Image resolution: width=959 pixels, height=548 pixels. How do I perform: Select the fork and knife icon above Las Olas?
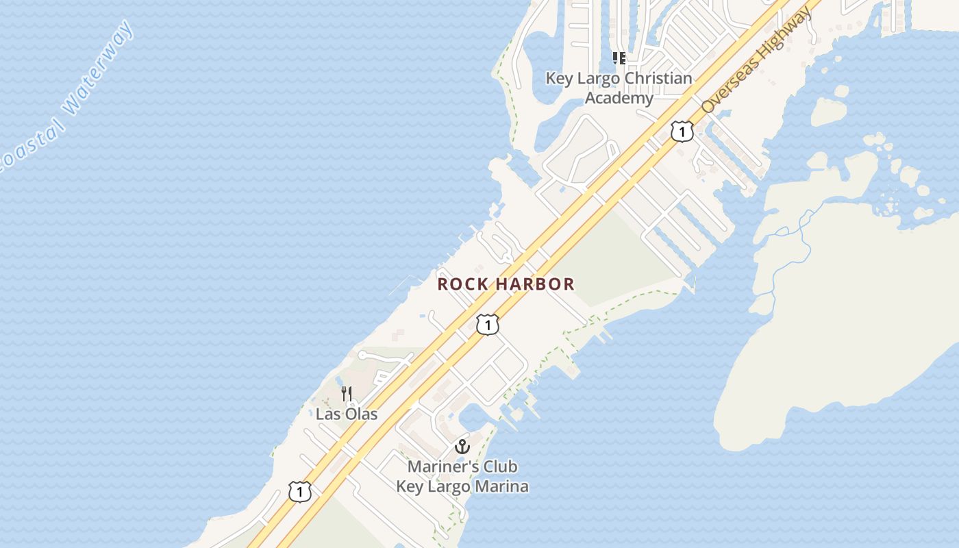coord(347,394)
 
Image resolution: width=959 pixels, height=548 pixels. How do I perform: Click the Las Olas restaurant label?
coord(347,414)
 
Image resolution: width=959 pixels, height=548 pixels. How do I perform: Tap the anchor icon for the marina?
coord(462,447)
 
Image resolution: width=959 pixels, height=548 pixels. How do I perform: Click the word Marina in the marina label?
coord(503,487)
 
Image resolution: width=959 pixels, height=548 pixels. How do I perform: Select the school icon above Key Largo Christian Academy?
coord(619,58)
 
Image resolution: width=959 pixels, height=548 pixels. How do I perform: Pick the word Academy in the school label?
coord(619,98)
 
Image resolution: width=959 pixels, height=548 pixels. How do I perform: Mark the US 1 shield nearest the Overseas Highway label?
coord(682,131)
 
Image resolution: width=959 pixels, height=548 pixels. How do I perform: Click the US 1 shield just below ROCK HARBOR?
coord(487,325)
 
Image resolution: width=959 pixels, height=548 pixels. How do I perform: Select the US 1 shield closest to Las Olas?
coord(300,491)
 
